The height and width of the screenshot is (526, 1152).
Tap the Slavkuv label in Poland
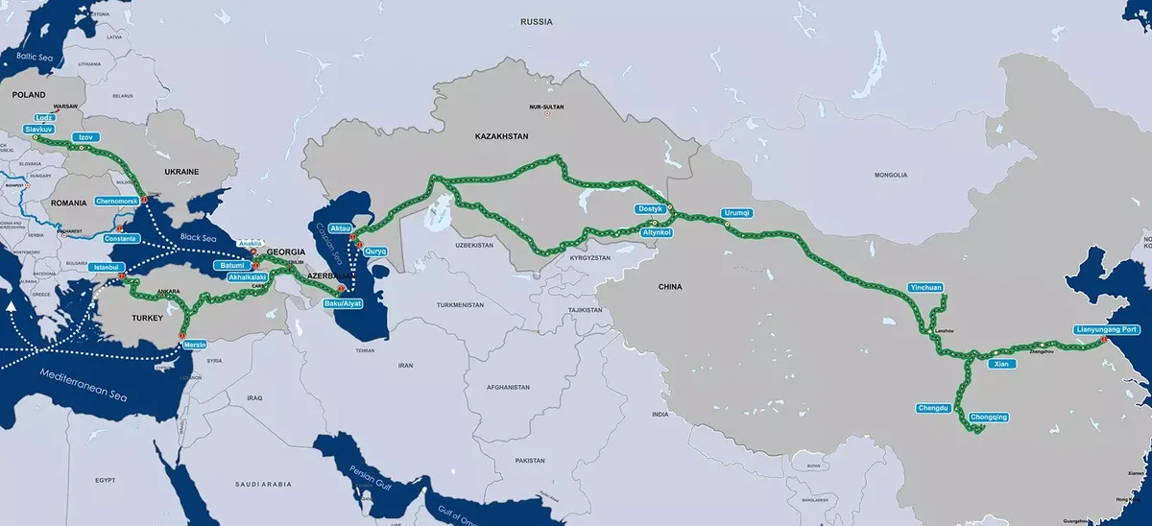coord(39,128)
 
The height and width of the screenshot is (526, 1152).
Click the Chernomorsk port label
coord(117,202)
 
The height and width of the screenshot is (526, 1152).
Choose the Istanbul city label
coord(107,269)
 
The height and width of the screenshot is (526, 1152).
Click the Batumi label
coord(234,265)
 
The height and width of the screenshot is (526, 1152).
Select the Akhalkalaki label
coord(247,277)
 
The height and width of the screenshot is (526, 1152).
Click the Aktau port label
coord(340,227)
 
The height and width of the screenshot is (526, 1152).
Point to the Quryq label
coord(374,251)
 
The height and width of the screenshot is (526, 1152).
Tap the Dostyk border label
coord(651,209)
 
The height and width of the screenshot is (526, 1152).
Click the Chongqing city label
coord(989,417)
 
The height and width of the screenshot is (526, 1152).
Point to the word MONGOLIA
coord(890,175)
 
